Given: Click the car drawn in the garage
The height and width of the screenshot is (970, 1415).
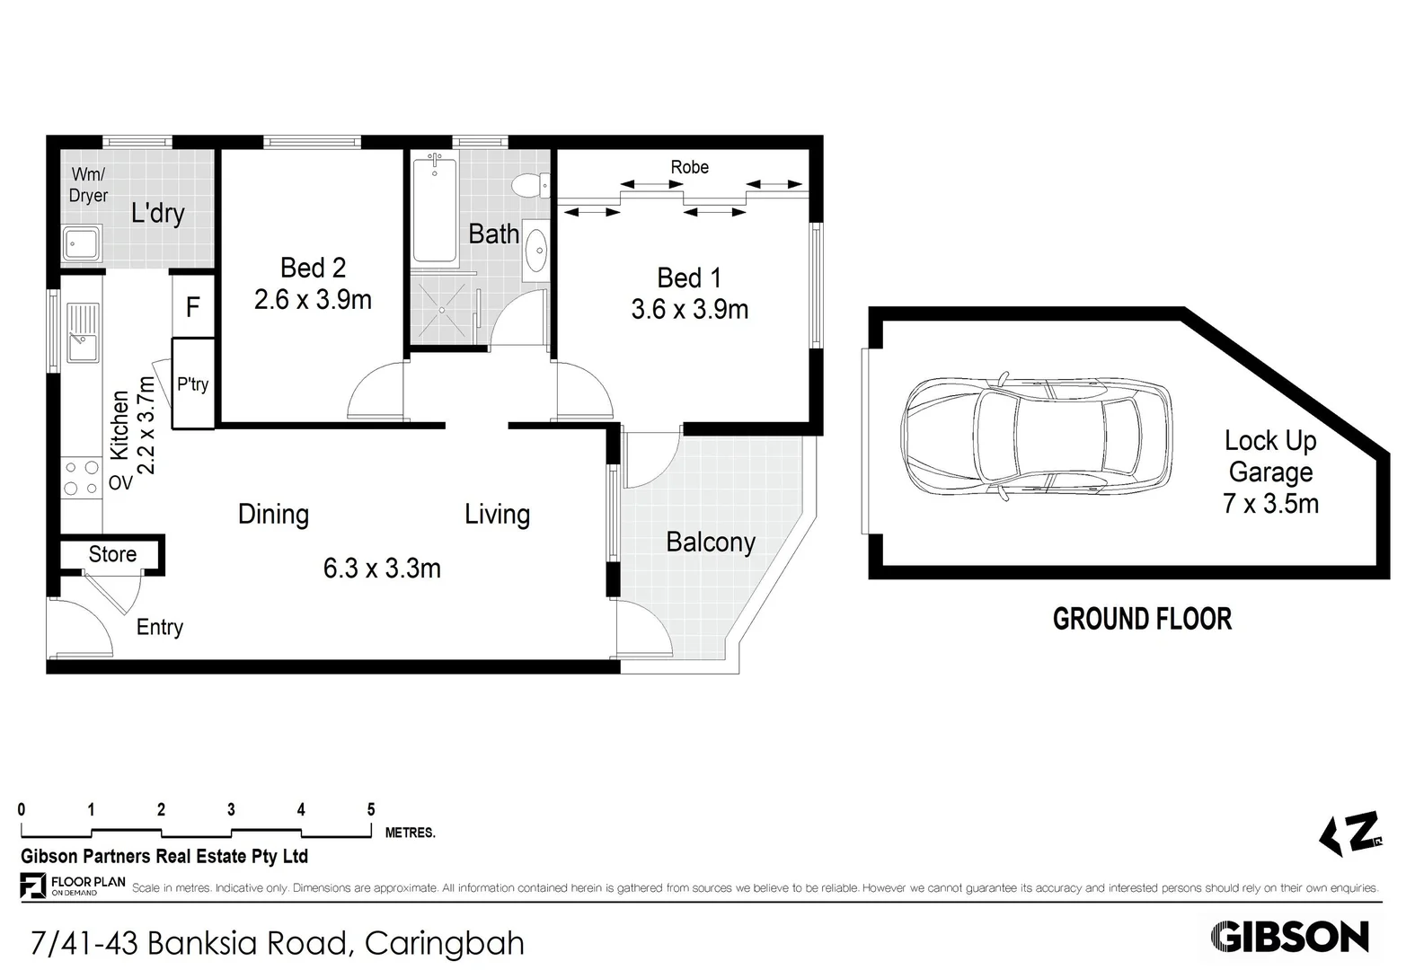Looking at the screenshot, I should (1038, 435).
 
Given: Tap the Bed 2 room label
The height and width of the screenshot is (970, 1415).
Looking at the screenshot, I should (313, 268).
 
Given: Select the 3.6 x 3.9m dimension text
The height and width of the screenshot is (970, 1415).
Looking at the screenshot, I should (689, 310).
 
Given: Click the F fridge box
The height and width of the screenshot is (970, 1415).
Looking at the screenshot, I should (192, 307).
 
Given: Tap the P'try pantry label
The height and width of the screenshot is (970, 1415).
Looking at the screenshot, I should (192, 384).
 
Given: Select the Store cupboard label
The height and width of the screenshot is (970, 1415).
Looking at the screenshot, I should (112, 554).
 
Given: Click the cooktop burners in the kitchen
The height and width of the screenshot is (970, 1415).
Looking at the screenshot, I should (81, 478).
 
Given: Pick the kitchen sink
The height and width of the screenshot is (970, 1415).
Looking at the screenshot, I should (81, 333).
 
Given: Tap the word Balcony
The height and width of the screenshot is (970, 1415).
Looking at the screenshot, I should (710, 542).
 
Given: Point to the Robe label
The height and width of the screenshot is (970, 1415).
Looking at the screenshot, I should (689, 167).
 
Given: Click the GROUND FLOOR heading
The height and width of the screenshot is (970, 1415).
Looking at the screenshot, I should (1141, 619).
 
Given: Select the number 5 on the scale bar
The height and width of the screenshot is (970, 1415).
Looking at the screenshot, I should (371, 809).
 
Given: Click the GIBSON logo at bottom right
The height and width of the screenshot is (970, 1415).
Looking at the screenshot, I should (1289, 937).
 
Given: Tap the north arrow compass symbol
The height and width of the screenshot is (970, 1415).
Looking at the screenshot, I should (1350, 833).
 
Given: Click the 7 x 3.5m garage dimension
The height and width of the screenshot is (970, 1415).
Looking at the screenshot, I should (1269, 503).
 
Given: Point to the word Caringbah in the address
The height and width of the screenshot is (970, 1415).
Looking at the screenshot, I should (444, 943).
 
